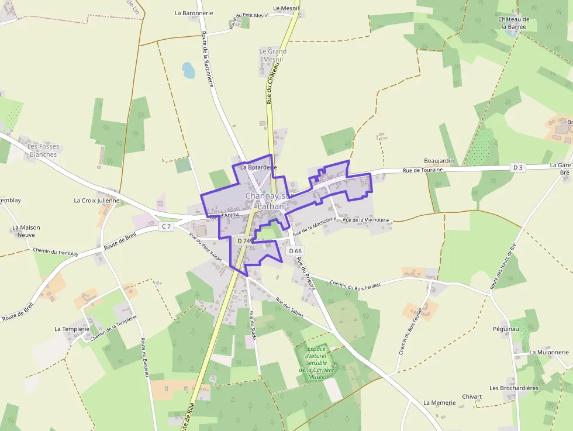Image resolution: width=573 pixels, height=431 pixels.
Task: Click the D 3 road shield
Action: pos(517,167)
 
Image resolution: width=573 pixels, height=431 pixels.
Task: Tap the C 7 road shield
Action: pos(167,226)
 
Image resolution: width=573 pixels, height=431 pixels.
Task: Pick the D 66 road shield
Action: pos(294,251)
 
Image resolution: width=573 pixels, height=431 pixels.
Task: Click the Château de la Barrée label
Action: pos(513,23)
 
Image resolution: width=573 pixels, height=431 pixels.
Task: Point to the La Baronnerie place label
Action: pos(194,12)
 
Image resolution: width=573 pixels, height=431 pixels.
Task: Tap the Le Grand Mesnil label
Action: pos(273,55)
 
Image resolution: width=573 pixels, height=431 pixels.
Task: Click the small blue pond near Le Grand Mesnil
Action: pos(188,71)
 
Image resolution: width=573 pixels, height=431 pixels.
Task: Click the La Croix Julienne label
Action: pos(96,201)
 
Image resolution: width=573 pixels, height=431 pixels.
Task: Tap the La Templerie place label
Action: pos(72,329)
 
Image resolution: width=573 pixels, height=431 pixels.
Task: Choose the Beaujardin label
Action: pos(439,160)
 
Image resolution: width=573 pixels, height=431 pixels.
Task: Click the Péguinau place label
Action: pos(506,329)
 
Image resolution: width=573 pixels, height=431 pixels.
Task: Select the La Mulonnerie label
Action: pos(548,353)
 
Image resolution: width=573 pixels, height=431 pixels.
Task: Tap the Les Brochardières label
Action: pos(514,388)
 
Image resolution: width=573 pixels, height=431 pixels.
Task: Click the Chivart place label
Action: pos(471,396)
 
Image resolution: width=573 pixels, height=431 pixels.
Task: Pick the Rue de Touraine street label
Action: pos(423,170)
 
